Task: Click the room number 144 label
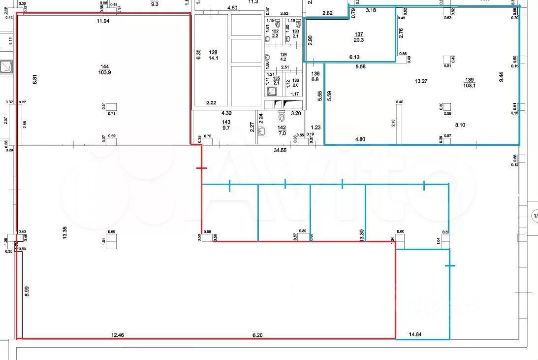point(105,66)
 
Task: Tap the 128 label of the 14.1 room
point(213,52)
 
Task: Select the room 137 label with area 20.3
point(359,34)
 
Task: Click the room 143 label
point(226,122)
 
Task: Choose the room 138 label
point(316,73)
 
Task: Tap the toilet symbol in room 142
point(282,116)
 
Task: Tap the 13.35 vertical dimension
point(64,232)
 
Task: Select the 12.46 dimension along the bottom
point(118,334)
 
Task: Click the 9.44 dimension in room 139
point(501,78)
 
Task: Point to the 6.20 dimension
point(257,334)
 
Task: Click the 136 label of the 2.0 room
point(295,81)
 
